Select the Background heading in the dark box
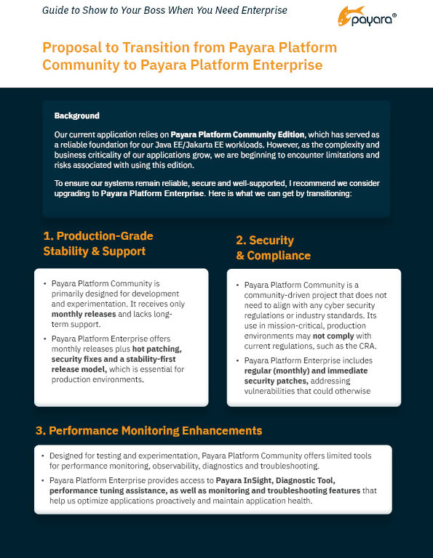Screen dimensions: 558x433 tap(76, 116)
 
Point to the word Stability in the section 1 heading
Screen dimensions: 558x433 tap(68, 251)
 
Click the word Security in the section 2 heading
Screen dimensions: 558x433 tap(271, 240)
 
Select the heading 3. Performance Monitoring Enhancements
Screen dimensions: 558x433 tap(148, 431)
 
